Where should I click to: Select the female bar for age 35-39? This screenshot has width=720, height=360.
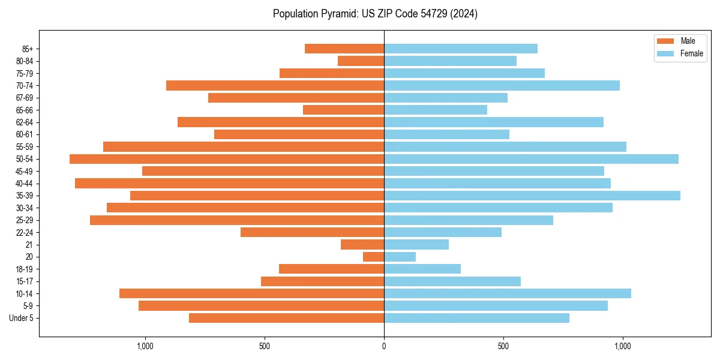532,196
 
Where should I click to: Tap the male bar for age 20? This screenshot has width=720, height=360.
373,257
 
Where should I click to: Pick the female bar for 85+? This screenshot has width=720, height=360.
460,49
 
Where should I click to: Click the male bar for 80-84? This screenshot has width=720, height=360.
361,61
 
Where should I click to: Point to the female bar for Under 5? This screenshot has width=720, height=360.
476,318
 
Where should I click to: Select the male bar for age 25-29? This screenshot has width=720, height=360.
237,220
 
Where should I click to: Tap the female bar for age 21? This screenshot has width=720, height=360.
416,245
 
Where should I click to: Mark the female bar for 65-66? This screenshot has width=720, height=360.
436,110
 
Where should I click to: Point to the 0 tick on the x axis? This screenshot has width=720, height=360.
384,346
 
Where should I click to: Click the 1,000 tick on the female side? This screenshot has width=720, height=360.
623,346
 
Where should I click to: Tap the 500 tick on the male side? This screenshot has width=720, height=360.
265,346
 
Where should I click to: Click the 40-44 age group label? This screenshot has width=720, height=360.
25,184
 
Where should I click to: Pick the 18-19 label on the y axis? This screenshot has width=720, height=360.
25,269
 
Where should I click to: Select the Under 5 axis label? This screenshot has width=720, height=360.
22,318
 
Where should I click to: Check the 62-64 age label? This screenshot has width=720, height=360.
25,122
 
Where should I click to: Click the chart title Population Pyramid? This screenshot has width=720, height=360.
375,14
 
